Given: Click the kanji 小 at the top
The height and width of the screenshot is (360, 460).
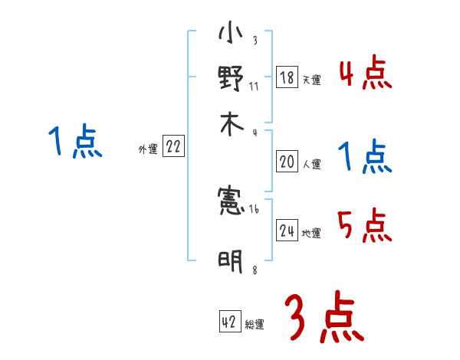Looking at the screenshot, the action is click(x=230, y=34).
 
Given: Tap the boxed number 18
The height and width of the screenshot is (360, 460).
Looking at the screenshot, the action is click(x=287, y=77).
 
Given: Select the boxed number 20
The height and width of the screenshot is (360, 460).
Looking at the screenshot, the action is click(x=287, y=162).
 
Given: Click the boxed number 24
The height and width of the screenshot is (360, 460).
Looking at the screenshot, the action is click(x=287, y=231).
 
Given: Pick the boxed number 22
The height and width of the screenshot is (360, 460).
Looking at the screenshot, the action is click(x=173, y=148).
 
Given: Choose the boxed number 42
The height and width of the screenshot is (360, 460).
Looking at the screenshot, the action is click(x=229, y=322).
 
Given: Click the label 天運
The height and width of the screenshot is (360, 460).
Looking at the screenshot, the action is click(x=311, y=80).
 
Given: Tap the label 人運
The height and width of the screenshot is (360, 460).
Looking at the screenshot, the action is click(x=311, y=164).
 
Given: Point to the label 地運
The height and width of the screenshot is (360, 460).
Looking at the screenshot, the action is click(x=311, y=233).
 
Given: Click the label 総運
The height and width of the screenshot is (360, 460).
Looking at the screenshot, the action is click(x=255, y=325).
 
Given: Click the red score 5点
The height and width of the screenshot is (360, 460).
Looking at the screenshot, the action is click(x=365, y=226).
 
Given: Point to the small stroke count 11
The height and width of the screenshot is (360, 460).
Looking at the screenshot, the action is click(x=254, y=85).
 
